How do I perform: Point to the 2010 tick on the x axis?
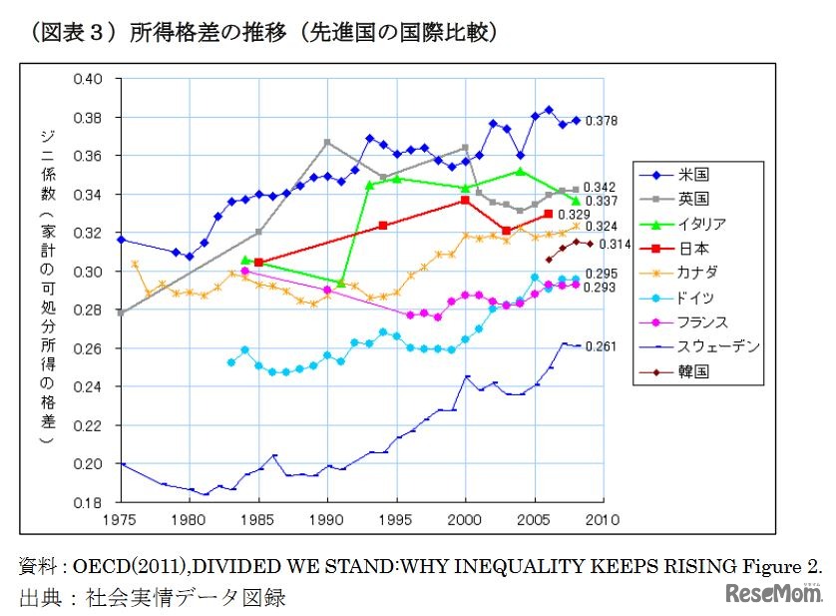click(x=603, y=520)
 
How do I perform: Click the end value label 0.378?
click(x=602, y=121)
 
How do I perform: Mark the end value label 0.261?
click(x=602, y=347)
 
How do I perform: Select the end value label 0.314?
click(x=616, y=245)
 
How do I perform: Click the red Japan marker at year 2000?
click(x=465, y=201)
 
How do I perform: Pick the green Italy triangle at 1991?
click(x=341, y=283)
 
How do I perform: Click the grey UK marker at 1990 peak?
click(x=327, y=142)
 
